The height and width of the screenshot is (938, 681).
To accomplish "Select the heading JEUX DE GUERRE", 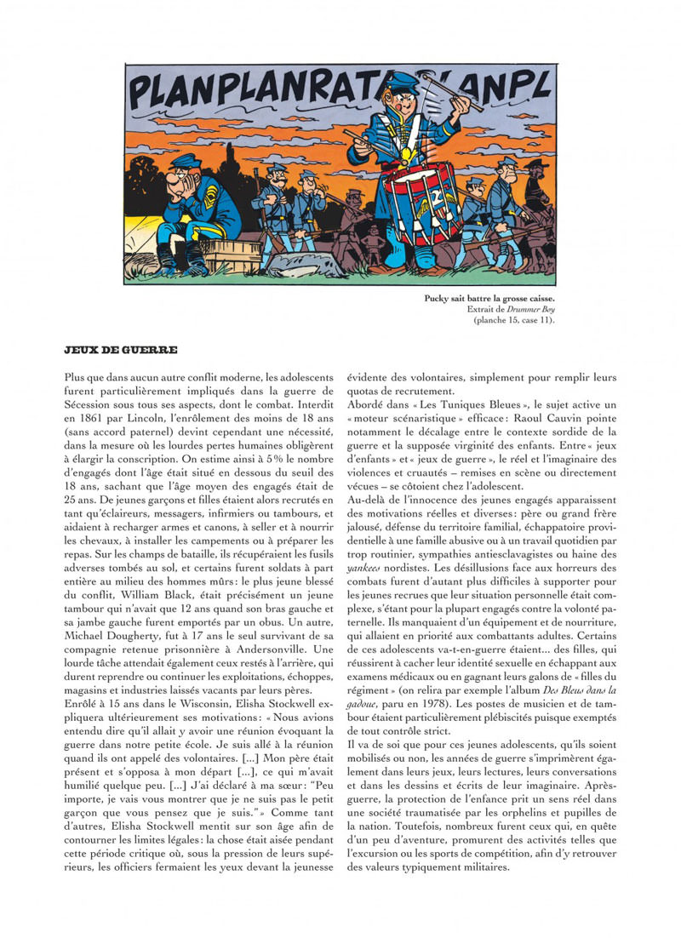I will click(x=120, y=349).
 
